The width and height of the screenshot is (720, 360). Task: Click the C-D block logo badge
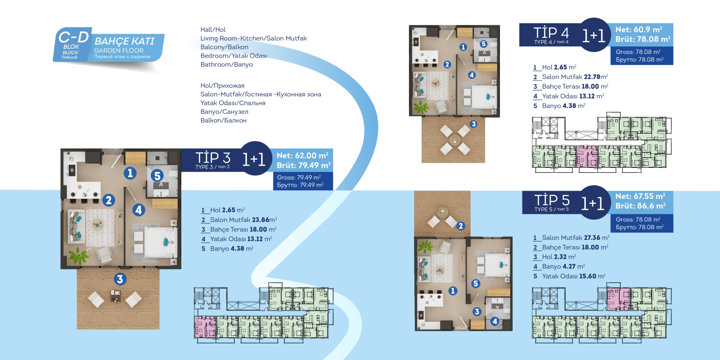pyautogui.click(x=73, y=45)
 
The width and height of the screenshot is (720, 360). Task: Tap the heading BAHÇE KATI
pyautogui.click(x=124, y=41)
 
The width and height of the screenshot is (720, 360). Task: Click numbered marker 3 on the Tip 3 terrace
pyautogui.click(x=120, y=279)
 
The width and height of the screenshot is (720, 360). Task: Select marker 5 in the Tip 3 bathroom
pyautogui.click(x=157, y=176)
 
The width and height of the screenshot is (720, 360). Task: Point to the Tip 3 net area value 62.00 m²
pyautogui.click(x=302, y=156)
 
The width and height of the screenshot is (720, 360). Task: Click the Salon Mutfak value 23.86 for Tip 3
pyautogui.click(x=261, y=220)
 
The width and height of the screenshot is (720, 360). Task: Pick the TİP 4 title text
pyautogui.click(x=551, y=33)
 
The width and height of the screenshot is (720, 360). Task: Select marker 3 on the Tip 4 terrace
pyautogui.click(x=473, y=124)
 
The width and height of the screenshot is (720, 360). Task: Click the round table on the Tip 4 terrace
pyautogui.click(x=454, y=140)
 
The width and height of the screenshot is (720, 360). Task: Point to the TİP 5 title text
pyautogui.click(x=552, y=200)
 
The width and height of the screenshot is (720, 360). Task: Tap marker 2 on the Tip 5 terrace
pyautogui.click(x=461, y=226)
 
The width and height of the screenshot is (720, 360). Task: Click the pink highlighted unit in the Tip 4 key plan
pyautogui.click(x=587, y=157)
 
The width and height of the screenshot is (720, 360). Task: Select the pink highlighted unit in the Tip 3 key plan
pyautogui.click(x=205, y=327)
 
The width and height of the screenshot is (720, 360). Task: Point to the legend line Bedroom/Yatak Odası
pyautogui.click(x=234, y=56)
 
